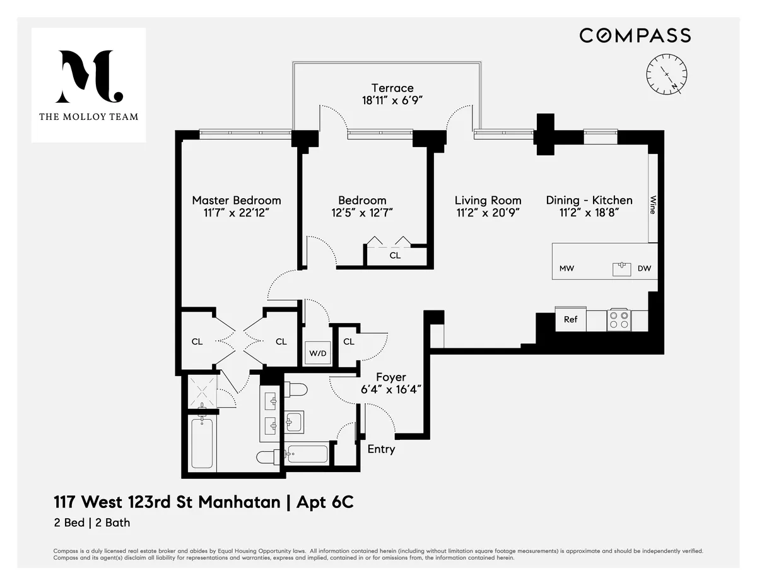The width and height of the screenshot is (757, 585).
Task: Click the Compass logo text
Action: click(x=635, y=35)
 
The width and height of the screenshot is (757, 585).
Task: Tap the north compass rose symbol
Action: click(x=667, y=74)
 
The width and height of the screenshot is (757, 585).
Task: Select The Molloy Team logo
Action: click(x=88, y=85)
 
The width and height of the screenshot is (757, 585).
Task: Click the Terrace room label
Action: click(x=392, y=88)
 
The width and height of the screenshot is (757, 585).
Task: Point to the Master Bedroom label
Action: click(x=237, y=200)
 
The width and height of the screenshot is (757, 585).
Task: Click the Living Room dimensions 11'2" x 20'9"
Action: click(x=488, y=213)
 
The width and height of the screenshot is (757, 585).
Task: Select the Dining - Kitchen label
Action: click(x=589, y=200)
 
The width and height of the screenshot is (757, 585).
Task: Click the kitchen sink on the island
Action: click(x=622, y=269)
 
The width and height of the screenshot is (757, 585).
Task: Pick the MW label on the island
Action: click(x=566, y=269)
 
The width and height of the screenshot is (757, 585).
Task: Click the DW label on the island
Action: click(x=643, y=269)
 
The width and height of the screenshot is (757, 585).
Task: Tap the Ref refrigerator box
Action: click(x=570, y=319)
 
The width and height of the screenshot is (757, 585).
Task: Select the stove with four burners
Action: click(x=618, y=319)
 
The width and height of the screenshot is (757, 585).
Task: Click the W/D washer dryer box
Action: click(x=317, y=353)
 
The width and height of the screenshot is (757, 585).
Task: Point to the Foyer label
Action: click(x=390, y=377)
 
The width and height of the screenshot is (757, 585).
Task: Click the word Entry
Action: click(x=381, y=449)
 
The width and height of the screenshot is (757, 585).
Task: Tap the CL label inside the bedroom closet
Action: click(x=395, y=256)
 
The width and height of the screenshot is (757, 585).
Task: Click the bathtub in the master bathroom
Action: click(x=201, y=444)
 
